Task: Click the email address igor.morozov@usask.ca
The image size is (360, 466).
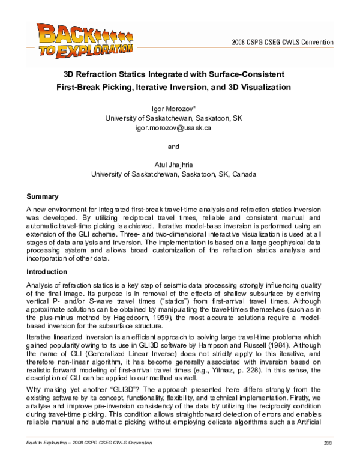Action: [173, 128]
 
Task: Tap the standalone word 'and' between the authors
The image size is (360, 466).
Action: [173, 145]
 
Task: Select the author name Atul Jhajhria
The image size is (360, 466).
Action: [173, 164]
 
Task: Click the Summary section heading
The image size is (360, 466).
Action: [43, 196]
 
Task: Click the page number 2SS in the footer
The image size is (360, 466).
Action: [328, 459]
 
